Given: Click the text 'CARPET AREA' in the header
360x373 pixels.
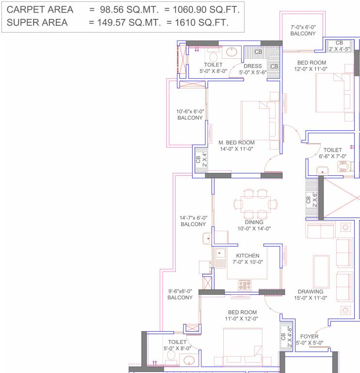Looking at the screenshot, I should tap(41, 10).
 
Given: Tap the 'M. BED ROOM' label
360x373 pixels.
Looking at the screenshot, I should tap(236, 143).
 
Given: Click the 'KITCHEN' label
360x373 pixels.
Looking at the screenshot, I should tap(247, 255).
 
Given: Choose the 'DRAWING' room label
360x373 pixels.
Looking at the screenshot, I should tap(311, 292).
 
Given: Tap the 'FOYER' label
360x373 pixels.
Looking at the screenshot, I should tap(309, 336).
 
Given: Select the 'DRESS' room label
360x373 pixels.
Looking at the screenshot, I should tap(253, 66).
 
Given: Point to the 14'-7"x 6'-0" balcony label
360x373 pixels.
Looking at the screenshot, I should tap(193, 221).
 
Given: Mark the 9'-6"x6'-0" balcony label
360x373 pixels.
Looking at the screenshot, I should tap(180, 294).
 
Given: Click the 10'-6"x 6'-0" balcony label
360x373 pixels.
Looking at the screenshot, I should tap(190, 115).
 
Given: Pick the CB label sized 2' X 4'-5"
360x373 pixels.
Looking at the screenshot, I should tap(339, 46).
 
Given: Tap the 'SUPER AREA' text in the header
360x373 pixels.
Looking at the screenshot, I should tap(38, 22).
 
